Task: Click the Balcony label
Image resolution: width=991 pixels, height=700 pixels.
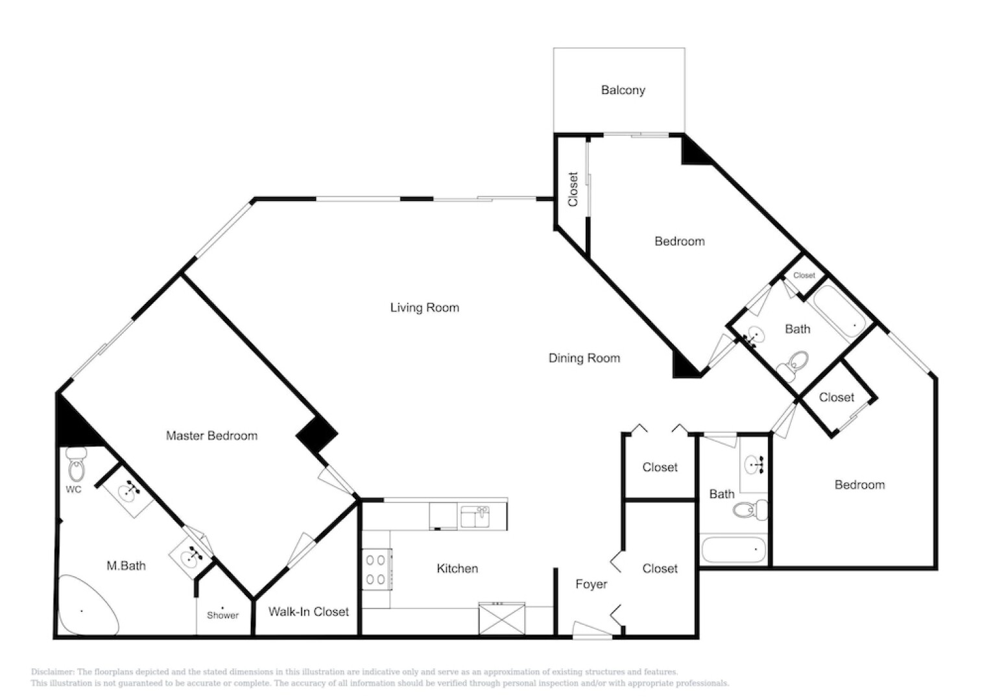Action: pos(623,90)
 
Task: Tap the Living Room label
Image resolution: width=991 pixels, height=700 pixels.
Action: pos(424,307)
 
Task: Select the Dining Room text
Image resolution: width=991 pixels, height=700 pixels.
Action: pos(584,358)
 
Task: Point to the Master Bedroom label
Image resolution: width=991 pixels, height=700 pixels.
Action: pos(211,436)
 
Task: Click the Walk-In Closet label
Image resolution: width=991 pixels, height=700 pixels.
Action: pos(308,611)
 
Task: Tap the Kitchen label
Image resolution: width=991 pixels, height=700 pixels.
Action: pos(457,568)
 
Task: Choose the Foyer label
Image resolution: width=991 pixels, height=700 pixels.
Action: pos(591,584)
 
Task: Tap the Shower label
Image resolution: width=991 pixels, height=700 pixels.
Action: pos(222,615)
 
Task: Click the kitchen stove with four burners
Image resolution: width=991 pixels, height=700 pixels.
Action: pos(376,569)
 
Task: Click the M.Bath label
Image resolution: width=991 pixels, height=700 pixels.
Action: pos(126,566)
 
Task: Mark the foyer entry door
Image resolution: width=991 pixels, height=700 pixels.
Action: pos(591,630)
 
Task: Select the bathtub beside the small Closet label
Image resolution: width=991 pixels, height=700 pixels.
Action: pos(841,312)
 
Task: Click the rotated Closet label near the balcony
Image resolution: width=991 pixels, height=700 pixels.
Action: pos(573,189)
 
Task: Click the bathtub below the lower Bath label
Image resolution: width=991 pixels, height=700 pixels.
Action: pos(734,550)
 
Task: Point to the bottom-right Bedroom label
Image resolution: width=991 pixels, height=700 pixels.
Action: pos(859,485)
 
